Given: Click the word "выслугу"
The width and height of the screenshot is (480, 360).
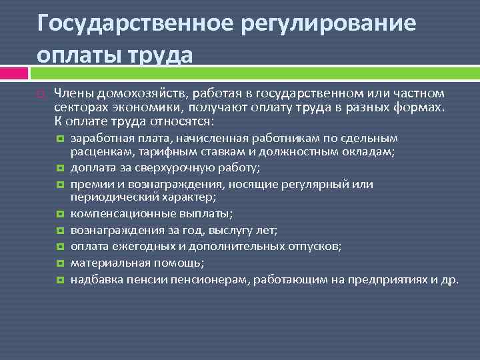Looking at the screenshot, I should click(x=233, y=230).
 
